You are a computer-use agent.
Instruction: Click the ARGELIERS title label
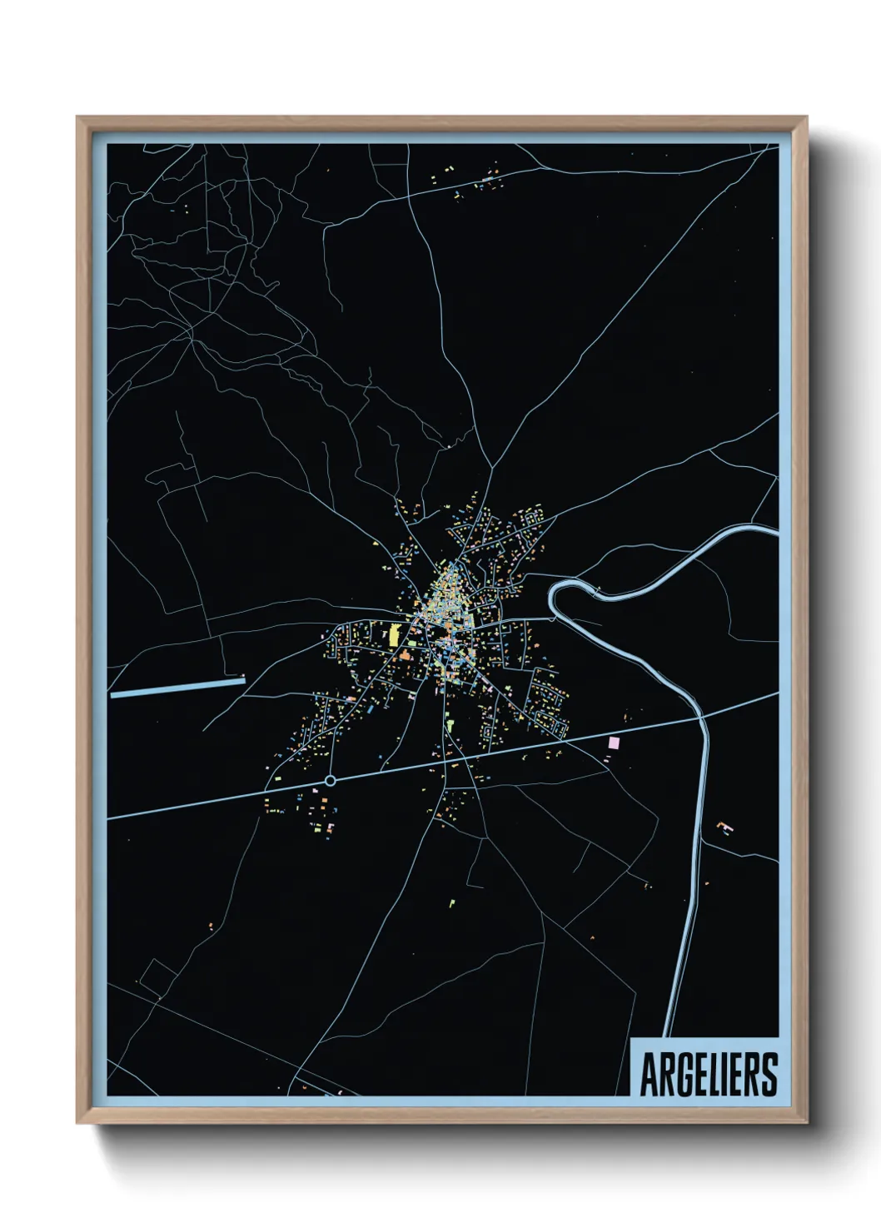[708, 1074]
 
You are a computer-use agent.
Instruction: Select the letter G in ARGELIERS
[682, 1075]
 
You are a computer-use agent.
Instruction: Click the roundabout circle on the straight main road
[330, 781]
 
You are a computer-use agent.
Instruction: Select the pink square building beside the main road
[615, 742]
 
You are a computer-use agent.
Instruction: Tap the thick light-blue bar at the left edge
[177, 687]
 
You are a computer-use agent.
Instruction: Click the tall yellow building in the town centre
[394, 635]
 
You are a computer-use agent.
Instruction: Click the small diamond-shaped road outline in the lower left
[157, 978]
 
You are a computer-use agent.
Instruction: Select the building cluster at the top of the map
[476, 181]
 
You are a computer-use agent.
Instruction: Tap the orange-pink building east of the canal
[726, 827]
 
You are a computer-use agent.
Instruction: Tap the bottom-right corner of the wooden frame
[806, 1122]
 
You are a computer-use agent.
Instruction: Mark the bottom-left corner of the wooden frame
[78, 1122]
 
